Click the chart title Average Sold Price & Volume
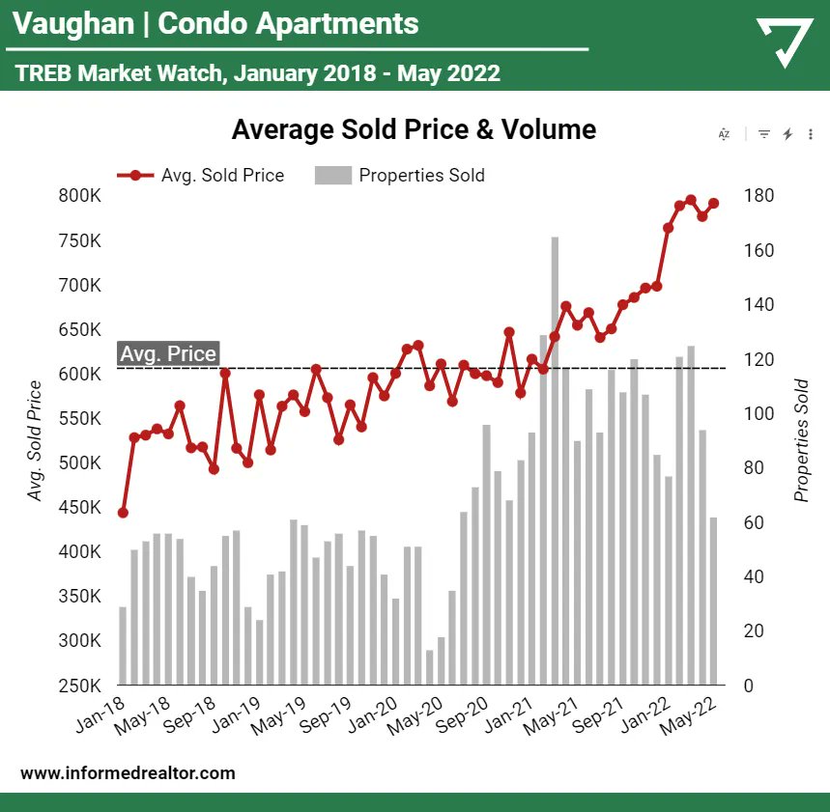(414, 129)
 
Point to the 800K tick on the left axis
(79, 196)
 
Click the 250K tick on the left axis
(79, 686)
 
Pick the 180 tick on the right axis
(758, 196)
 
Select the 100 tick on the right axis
(758, 414)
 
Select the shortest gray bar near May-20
(430, 667)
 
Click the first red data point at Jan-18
(123, 513)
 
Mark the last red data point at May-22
(714, 204)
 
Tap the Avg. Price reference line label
(167, 354)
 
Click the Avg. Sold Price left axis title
(35, 440)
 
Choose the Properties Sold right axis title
(801, 440)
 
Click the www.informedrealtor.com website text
(128, 773)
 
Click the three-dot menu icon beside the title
(810, 134)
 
